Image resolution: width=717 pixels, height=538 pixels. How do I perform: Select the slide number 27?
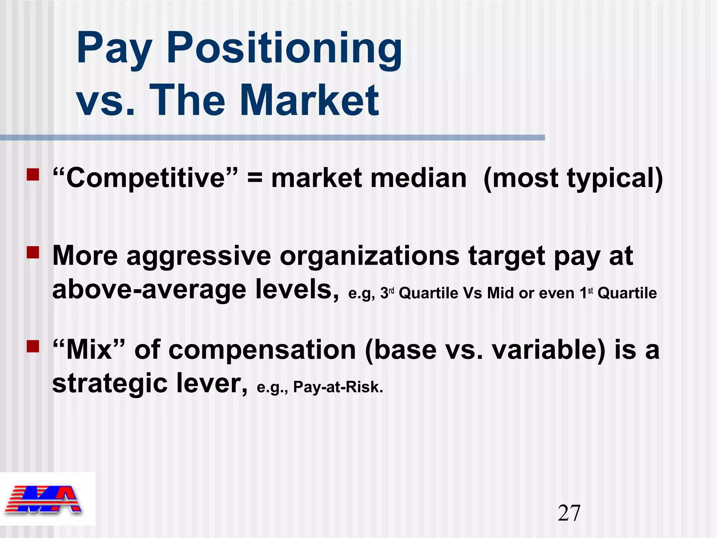click(x=569, y=513)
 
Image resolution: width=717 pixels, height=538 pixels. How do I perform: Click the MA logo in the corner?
click(x=44, y=499)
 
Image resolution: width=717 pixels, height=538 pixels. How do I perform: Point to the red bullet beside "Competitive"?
click(x=33, y=174)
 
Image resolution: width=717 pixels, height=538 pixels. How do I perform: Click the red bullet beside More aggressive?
click(x=33, y=252)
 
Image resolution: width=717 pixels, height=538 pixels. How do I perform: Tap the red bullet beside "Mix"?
click(x=33, y=346)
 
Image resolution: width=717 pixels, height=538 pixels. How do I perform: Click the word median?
click(x=419, y=178)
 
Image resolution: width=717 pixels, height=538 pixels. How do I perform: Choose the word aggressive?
click(x=199, y=256)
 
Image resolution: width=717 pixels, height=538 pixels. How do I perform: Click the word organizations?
click(x=369, y=256)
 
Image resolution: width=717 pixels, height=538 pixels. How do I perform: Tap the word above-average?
click(x=149, y=289)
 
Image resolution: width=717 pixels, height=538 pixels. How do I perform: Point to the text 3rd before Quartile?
click(x=387, y=293)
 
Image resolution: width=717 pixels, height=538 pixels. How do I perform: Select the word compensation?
click(x=262, y=350)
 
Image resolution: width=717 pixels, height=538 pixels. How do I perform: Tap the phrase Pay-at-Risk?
click(x=338, y=387)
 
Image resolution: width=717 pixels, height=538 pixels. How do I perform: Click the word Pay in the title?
click(x=114, y=49)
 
